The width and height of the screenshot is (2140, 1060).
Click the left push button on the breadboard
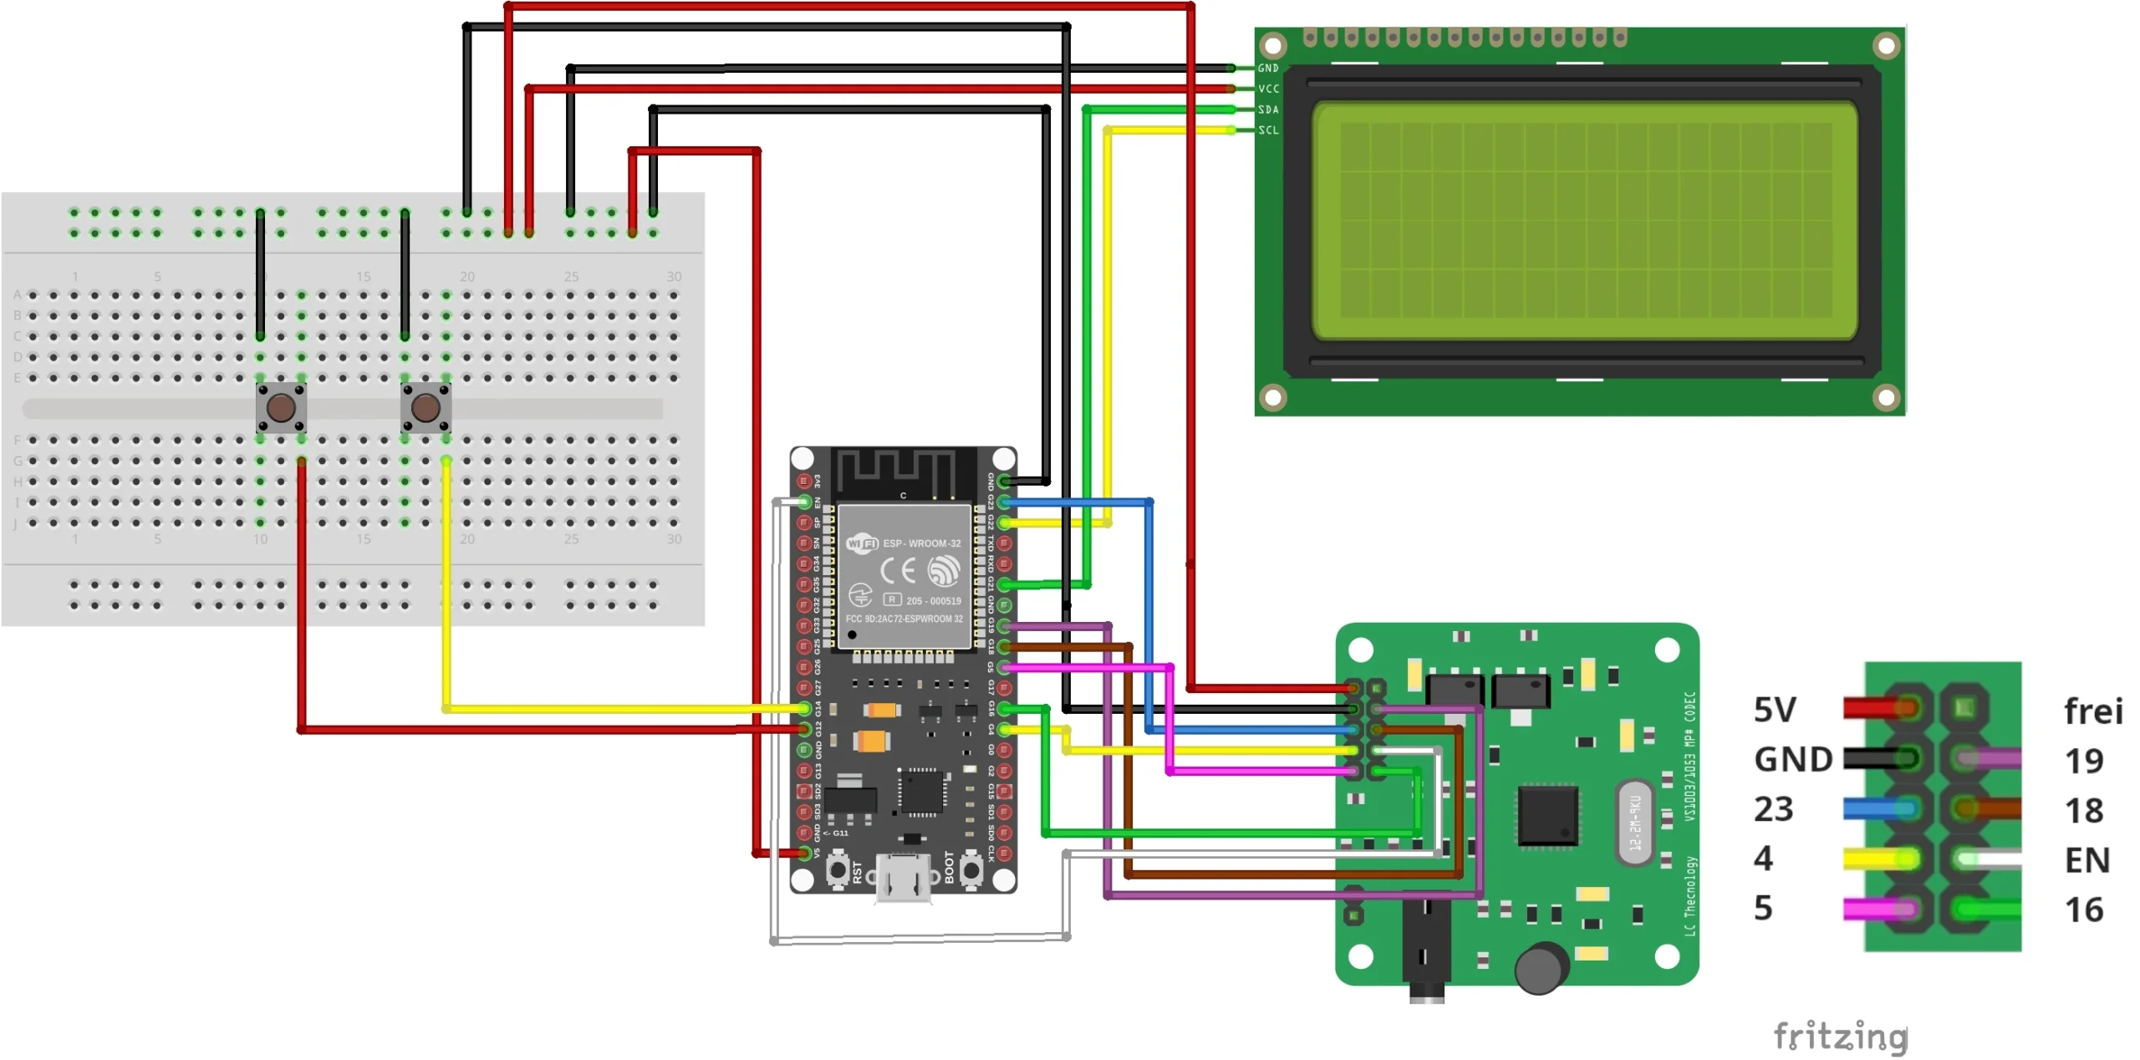pos(281,408)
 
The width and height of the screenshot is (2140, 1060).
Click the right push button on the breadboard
pos(425,408)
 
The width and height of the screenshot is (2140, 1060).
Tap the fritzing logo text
pos(1840,1036)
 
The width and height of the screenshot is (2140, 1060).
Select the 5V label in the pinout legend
pos(1774,711)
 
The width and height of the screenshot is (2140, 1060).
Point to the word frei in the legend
pos(2092,712)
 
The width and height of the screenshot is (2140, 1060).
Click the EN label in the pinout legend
pos(2086,860)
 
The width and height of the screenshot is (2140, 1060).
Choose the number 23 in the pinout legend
pos(1773,809)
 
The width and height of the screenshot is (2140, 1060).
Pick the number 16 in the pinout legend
pos(2083,910)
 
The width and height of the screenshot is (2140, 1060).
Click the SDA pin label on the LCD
pos(1268,110)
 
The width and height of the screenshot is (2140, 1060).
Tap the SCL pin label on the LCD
pos(1268,130)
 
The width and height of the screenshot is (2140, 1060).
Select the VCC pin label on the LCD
pos(1268,89)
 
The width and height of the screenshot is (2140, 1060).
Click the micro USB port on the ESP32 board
pos(903,878)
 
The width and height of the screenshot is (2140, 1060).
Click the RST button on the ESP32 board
pos(838,870)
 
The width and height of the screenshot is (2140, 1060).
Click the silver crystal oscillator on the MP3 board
pos(1634,823)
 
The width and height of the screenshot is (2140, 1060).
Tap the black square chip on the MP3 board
pos(1547,815)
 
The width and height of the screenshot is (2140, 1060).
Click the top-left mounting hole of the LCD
pos(1272,44)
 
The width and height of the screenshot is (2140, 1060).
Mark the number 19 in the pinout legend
pos(2083,761)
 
